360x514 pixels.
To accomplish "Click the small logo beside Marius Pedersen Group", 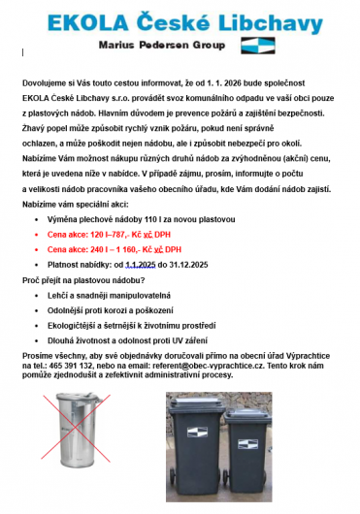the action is click(257, 45).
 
